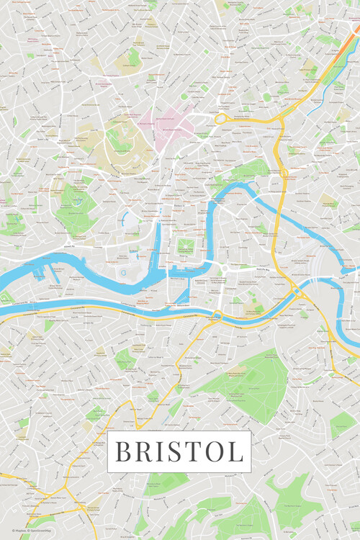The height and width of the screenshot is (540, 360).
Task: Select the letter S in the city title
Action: pyautogui.click(x=175, y=451)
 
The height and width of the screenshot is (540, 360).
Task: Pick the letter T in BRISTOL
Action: pyautogui.click(x=193, y=451)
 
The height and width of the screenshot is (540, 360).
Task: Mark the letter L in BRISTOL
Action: pyautogui.click(x=235, y=451)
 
